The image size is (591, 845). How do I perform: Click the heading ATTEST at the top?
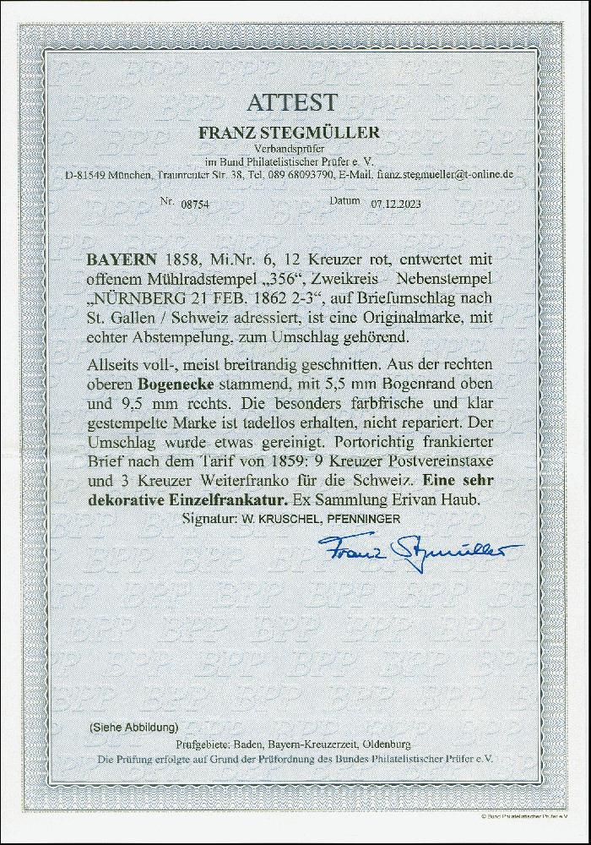(x=292, y=103)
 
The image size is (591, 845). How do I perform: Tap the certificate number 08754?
(x=196, y=204)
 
